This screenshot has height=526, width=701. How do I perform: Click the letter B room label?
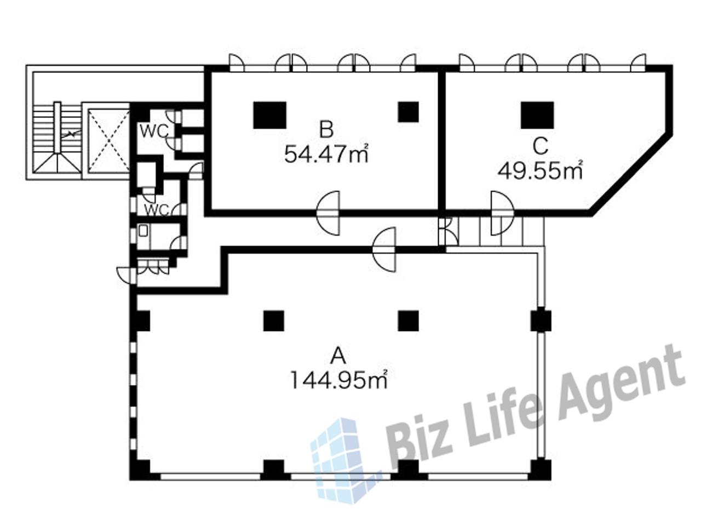[326, 129]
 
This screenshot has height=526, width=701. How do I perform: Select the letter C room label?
[541, 146]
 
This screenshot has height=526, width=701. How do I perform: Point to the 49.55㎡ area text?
[540, 171]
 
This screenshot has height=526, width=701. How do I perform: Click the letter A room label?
[338, 356]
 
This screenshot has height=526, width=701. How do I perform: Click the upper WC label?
[154, 131]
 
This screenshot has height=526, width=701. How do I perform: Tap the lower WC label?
[157, 210]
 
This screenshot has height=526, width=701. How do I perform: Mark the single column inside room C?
[537, 115]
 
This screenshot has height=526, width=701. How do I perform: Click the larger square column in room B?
[270, 115]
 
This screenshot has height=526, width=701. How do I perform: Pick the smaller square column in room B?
[408, 112]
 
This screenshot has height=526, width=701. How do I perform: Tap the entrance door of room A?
[384, 249]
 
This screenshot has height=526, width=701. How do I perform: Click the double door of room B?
[328, 213]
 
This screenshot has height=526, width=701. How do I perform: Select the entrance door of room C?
[502, 213]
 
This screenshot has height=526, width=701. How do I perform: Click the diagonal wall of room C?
[631, 174]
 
